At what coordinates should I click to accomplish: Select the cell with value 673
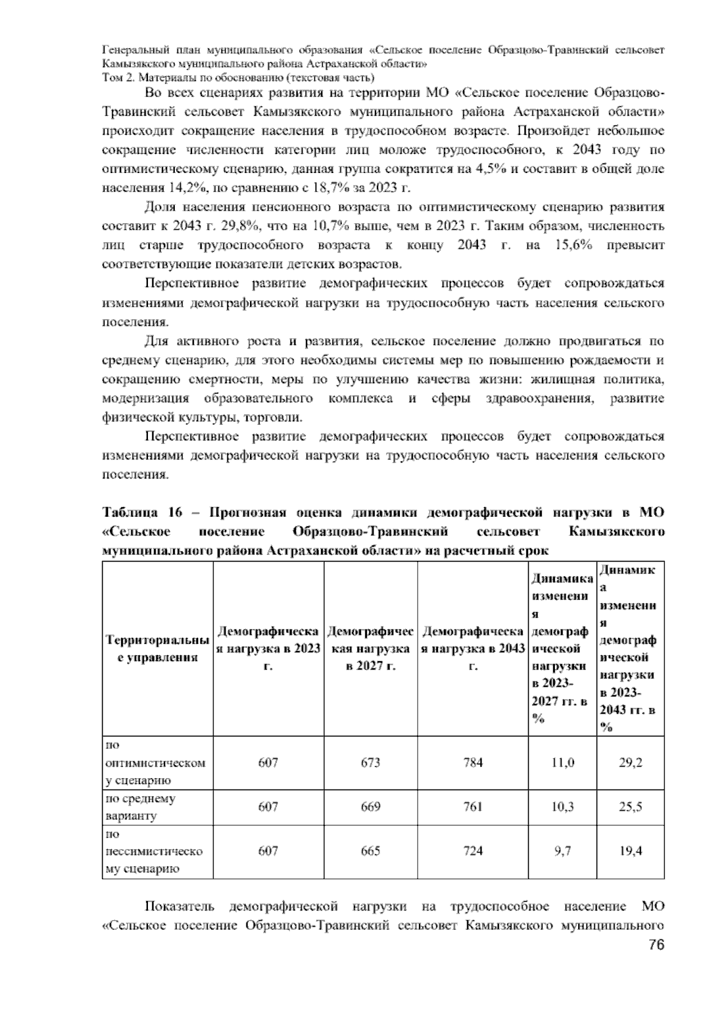click(371, 763)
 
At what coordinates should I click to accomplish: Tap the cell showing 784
click(473, 763)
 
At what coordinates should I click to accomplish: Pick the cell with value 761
click(473, 807)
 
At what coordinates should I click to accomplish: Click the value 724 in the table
click(473, 851)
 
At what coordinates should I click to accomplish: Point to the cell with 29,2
click(630, 763)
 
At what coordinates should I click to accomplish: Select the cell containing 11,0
click(562, 763)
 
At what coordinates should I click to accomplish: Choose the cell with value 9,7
click(562, 851)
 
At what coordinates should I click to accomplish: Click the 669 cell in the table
click(371, 807)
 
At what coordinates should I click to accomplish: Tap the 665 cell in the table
click(371, 851)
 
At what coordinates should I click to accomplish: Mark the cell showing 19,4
click(630, 851)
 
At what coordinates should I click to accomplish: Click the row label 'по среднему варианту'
click(140, 807)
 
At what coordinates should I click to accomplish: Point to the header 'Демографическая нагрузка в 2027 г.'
click(371, 648)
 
